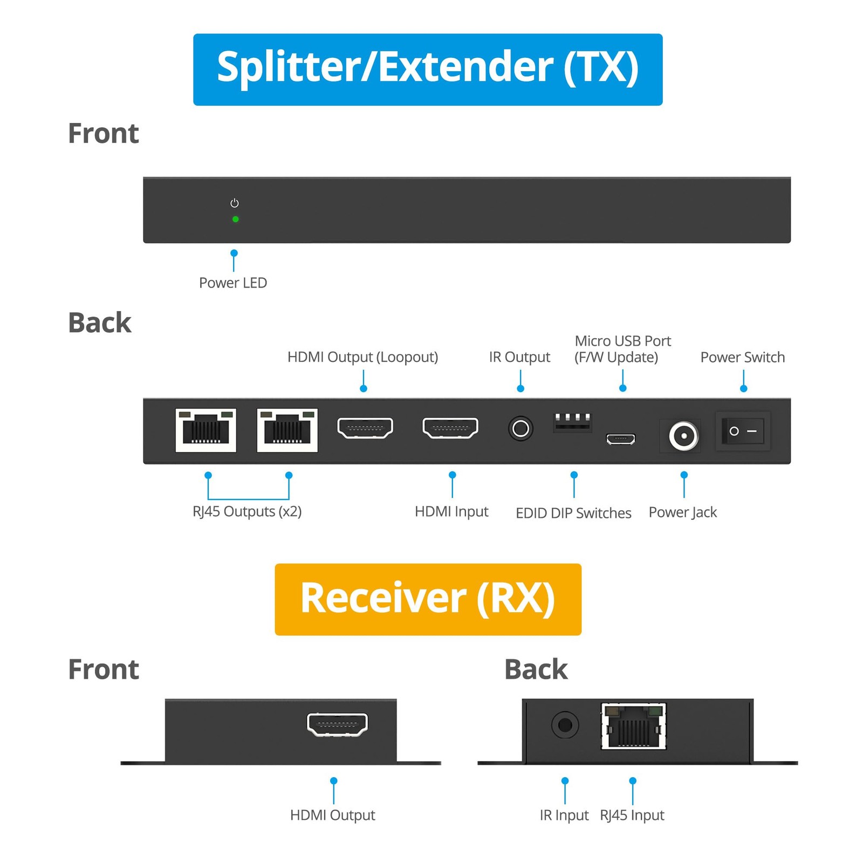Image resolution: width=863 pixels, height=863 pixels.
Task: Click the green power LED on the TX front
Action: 235,219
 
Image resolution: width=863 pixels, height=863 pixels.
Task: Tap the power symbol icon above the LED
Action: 234,203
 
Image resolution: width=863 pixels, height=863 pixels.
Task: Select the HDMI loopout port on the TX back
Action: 365,428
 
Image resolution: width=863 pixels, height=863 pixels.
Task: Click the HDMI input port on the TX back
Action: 450,428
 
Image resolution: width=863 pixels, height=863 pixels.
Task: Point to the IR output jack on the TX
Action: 520,429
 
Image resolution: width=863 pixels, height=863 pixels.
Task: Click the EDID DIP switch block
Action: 572,421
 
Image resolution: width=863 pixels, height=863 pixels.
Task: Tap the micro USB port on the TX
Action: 621,439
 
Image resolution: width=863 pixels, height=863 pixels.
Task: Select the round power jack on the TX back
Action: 683,435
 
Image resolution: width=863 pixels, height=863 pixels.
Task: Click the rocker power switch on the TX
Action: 743,431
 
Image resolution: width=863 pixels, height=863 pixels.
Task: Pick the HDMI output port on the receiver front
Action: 337,724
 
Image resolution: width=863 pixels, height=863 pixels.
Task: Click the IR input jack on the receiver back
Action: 565,725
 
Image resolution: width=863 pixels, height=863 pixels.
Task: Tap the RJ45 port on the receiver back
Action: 633,726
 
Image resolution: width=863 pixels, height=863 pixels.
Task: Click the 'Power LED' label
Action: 233,283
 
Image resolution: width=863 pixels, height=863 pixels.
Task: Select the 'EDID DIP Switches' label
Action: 573,512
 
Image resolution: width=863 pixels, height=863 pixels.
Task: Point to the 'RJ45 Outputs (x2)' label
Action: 247,511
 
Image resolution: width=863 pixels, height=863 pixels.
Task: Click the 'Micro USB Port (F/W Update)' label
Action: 622,349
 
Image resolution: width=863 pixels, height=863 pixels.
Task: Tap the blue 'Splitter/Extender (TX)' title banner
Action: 428,69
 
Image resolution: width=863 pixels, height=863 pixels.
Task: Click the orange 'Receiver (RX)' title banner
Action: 428,599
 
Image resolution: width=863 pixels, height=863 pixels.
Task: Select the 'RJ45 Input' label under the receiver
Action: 632,815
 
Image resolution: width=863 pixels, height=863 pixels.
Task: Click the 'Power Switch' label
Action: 742,357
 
